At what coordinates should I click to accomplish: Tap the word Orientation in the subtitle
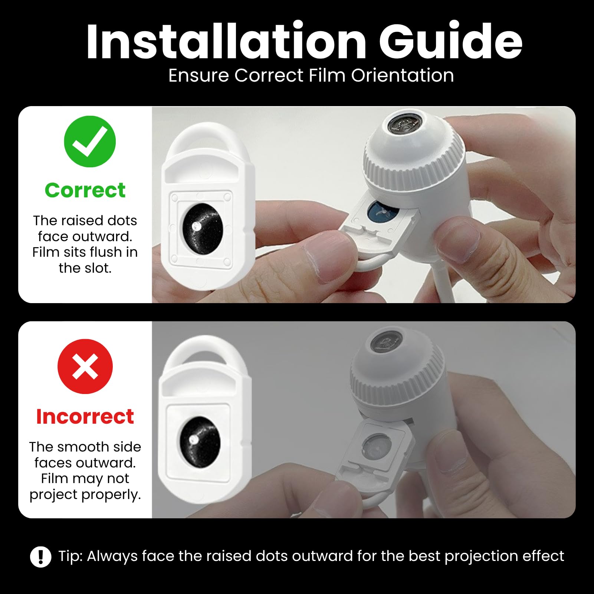(x=403, y=75)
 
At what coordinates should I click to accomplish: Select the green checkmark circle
(x=90, y=141)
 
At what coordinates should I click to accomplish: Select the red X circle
(x=85, y=366)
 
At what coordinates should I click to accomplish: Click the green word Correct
(x=85, y=190)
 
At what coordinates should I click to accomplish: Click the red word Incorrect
(x=85, y=416)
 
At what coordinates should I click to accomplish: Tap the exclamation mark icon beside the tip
(x=41, y=557)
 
